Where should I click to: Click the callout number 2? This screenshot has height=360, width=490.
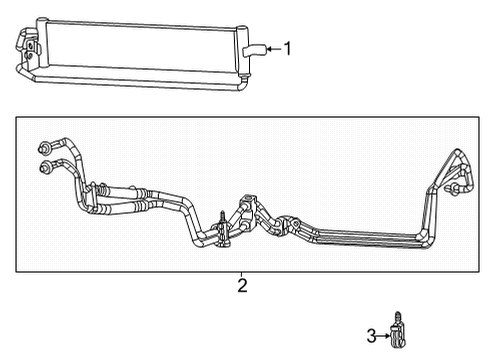tap(241, 286)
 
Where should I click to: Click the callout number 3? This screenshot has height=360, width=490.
tap(370, 334)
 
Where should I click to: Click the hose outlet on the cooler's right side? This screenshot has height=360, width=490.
tap(252, 48)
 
